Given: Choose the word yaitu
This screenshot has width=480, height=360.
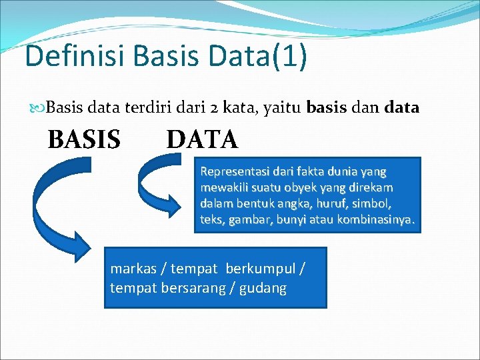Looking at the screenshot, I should pos(279,107).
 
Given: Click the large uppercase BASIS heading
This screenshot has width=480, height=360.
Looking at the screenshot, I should pos(84,139).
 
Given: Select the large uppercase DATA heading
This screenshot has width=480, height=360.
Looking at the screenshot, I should pos(201,139).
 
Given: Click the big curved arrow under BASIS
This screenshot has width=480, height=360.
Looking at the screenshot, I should pos(50,213).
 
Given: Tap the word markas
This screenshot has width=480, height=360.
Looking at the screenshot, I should pos(133,269).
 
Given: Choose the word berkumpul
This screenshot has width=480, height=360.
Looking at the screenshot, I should pos(261,269).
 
